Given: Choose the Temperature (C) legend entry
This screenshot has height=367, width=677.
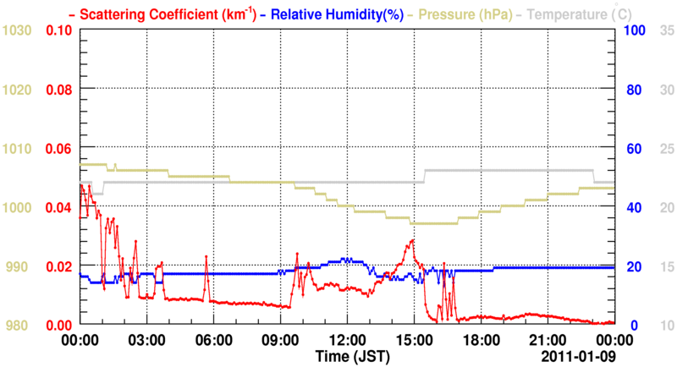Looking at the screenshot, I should pos(582,14).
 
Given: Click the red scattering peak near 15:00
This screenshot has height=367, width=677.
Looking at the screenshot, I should pos(412,240).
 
